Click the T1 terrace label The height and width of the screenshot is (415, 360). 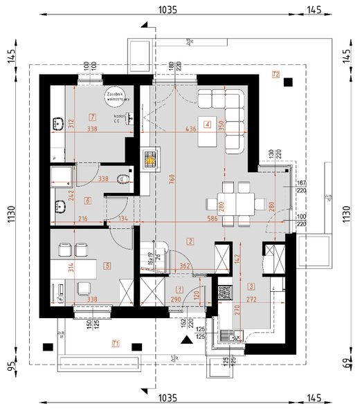(116, 344)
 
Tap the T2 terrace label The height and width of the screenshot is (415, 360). (276, 74)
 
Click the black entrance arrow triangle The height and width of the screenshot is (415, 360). (185, 340)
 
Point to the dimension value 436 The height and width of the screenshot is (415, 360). (191, 129)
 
